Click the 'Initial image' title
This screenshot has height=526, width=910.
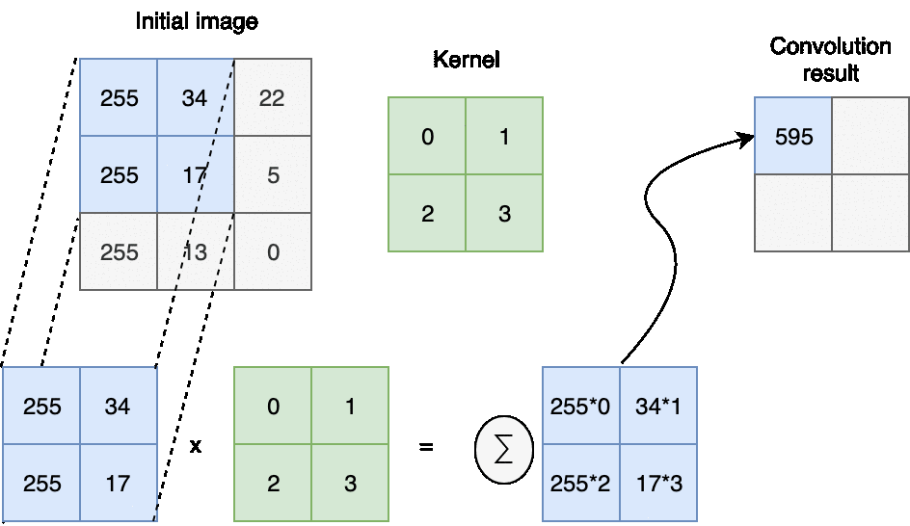coord(196,21)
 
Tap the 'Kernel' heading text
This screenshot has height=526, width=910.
coord(466,60)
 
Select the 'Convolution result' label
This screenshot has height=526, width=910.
coord(830,59)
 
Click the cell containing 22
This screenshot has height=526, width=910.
coord(273,98)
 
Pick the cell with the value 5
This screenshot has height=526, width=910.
coord(273,175)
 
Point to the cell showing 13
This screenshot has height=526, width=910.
coord(196,252)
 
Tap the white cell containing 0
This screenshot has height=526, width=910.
coord(273,252)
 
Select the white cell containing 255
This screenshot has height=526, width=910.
coord(119,252)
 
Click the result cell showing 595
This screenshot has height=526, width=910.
coord(793,137)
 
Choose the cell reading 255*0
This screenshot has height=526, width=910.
coord(581,406)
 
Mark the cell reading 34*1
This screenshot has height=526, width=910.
coord(658,406)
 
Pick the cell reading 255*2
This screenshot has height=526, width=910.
coord(581,483)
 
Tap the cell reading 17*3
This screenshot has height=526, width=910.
coord(658,483)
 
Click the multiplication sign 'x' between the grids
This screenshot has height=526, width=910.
coord(196,447)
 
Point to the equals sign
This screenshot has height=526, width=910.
coord(426,447)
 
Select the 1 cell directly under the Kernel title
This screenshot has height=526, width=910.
coord(504,137)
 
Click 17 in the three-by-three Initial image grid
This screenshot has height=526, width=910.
coord(196,175)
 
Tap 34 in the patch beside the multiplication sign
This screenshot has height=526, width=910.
coord(118,406)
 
